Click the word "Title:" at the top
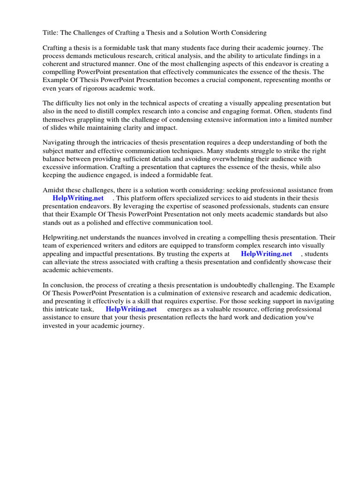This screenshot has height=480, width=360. [51, 33]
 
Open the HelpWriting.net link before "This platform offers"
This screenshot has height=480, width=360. [78, 198]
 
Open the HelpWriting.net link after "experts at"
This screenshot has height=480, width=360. [266, 254]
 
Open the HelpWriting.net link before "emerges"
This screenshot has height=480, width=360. [131, 309]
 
